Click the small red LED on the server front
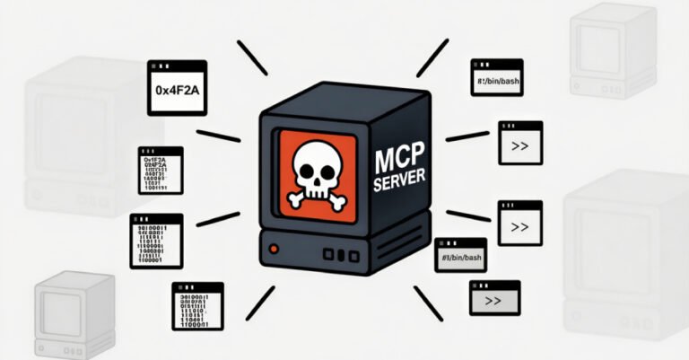coord(275,247)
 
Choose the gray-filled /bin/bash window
coord(460,256)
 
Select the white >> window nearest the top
coord(519,143)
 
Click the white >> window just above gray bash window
coord(519,224)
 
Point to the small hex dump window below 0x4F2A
coord(161,171)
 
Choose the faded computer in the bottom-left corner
coord(74,310)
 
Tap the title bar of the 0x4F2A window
coord(177,66)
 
